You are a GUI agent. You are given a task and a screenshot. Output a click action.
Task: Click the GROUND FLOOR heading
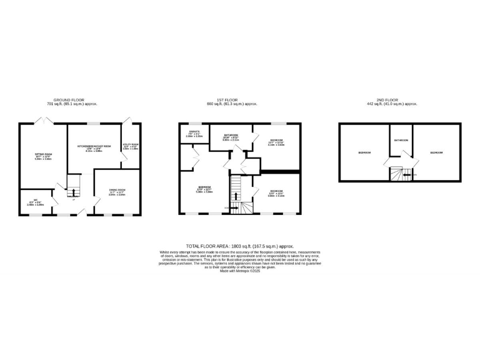[69, 100]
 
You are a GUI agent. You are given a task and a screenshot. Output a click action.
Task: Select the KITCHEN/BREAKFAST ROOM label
[94, 146]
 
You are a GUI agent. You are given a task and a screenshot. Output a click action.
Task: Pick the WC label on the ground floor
[37, 200]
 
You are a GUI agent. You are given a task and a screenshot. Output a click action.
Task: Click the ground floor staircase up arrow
[71, 190]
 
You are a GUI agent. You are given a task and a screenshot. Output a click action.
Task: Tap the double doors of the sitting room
[44, 120]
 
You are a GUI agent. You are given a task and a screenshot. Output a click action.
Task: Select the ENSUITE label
[194, 131]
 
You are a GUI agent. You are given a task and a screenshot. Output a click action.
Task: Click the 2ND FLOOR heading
[392, 100]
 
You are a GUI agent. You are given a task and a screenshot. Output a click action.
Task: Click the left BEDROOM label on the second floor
[364, 152]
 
